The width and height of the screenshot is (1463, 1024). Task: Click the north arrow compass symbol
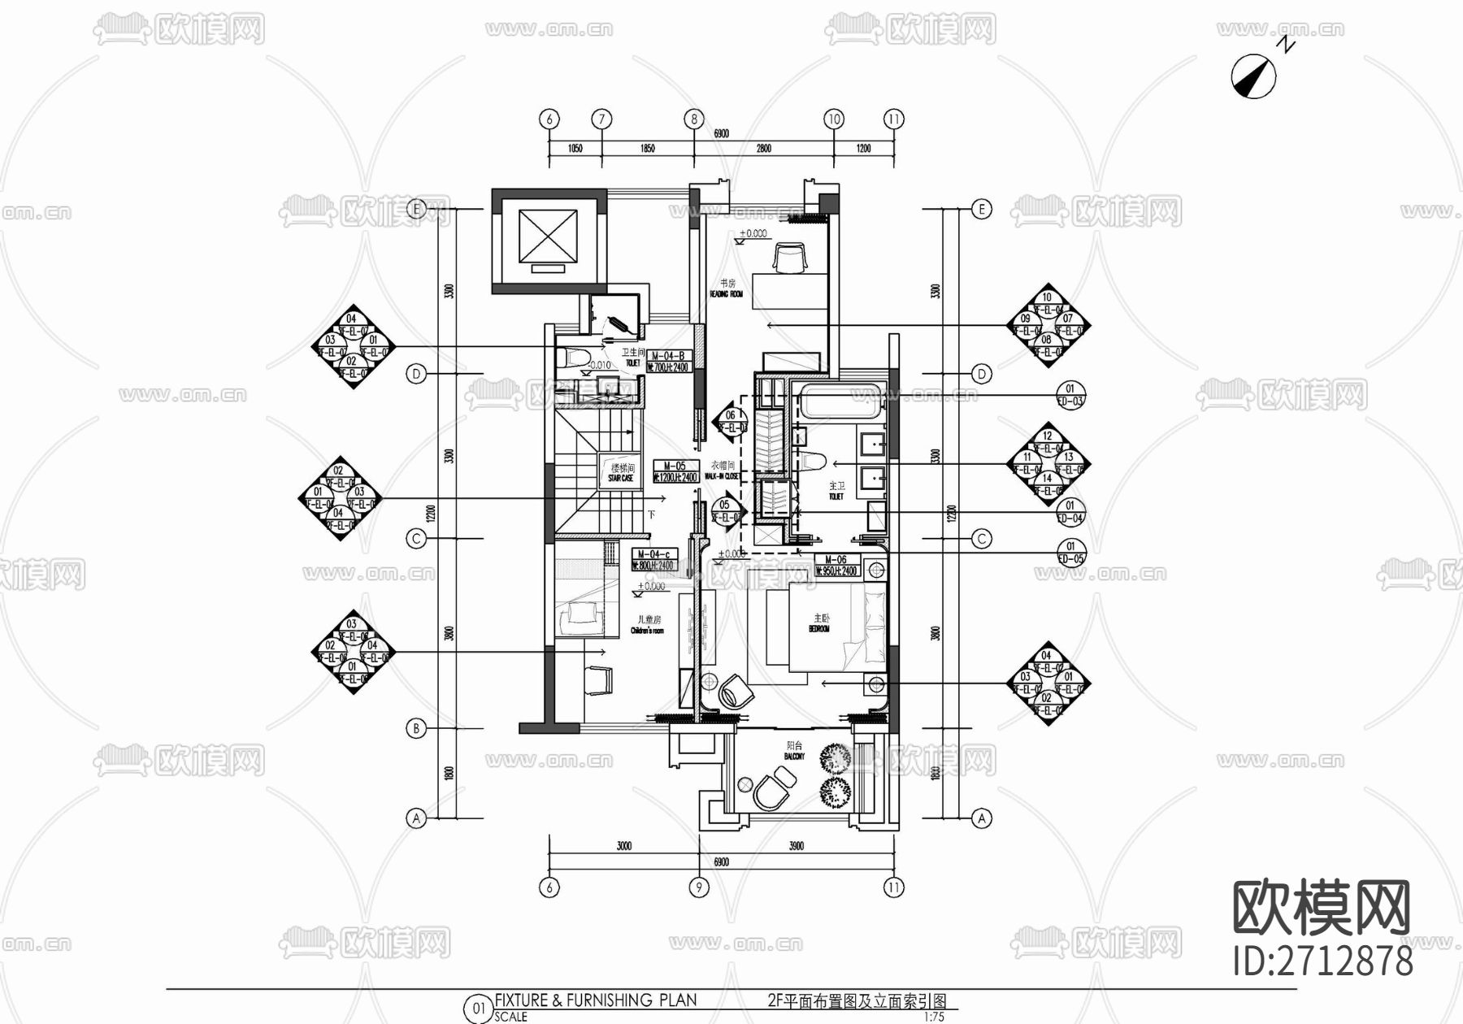click(1253, 76)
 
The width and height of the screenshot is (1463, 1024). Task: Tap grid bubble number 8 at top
click(693, 119)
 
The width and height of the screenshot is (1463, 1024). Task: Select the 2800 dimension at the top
click(763, 149)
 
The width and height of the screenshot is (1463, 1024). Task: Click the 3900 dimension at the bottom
click(796, 846)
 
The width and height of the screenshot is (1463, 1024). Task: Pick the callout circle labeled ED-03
click(1070, 396)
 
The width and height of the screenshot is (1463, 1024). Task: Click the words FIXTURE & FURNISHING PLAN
click(595, 1000)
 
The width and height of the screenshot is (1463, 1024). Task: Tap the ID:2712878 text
click(1322, 961)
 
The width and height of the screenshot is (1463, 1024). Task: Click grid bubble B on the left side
click(416, 728)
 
